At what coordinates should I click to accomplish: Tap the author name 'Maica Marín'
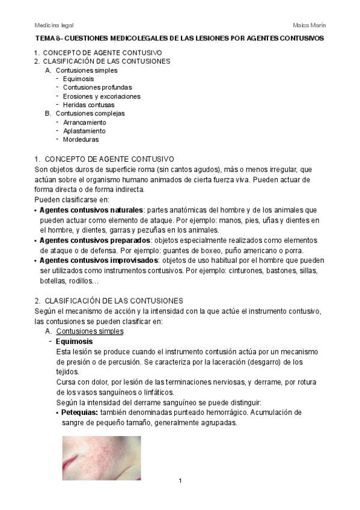point(309,25)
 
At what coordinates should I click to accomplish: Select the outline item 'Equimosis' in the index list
point(78,79)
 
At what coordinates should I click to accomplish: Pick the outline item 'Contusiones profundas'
point(97,87)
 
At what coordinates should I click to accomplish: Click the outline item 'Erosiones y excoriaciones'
point(102,96)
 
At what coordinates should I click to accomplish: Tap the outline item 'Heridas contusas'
point(88,105)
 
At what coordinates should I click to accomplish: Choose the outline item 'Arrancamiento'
point(84,122)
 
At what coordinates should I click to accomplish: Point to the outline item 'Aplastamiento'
point(84,131)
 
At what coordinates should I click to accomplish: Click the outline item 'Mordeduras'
point(81,140)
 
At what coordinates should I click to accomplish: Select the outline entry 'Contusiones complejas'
point(90,113)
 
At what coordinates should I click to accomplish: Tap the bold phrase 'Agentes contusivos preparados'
point(94,241)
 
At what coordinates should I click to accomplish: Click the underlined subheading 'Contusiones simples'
point(90,331)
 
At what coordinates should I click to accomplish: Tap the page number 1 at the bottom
point(180,481)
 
